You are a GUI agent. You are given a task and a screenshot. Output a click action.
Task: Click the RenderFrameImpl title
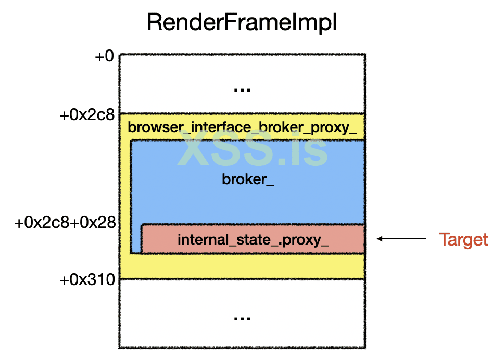(x=242, y=23)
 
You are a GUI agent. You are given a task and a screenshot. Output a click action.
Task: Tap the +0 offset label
(x=104, y=56)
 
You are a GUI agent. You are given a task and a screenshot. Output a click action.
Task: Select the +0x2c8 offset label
(x=88, y=115)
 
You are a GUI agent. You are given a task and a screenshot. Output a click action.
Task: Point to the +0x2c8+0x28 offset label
(x=65, y=223)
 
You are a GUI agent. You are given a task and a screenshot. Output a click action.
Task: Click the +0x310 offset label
(x=88, y=280)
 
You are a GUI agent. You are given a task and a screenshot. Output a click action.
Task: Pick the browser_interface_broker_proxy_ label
(x=242, y=127)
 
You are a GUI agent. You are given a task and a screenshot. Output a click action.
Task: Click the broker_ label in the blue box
(x=248, y=180)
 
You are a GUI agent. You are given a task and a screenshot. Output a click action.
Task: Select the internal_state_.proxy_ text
(x=253, y=240)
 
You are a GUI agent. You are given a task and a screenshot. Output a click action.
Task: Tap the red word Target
(x=463, y=239)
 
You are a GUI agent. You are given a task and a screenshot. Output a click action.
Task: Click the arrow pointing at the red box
(x=402, y=239)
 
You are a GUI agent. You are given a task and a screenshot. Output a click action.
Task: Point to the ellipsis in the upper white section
(x=242, y=90)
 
